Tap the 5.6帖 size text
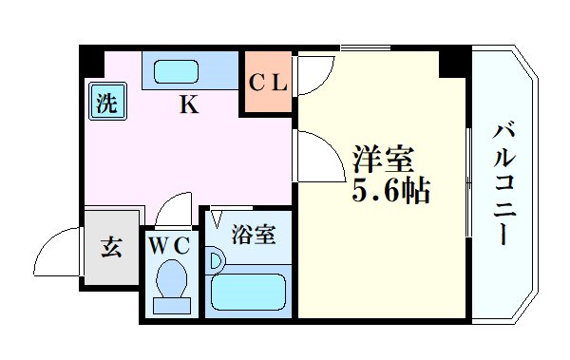391,194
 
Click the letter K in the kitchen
189,105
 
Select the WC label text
169,245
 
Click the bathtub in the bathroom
248,291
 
